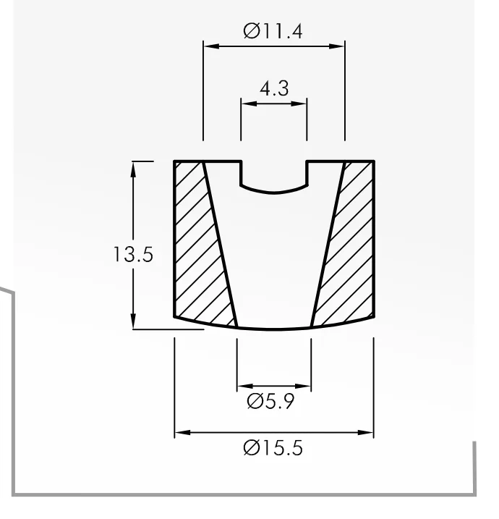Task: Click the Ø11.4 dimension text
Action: (273, 31)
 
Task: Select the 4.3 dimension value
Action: (274, 89)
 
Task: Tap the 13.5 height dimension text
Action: (133, 255)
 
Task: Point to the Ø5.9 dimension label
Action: (270, 402)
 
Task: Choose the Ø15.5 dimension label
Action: (273, 448)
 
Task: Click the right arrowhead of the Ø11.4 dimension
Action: (337, 46)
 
